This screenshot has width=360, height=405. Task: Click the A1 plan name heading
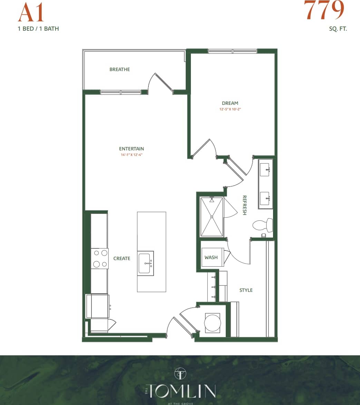pyautogui.click(x=31, y=13)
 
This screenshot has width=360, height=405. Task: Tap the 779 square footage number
pyautogui.click(x=324, y=10)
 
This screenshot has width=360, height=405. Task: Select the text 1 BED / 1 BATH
pyautogui.click(x=38, y=29)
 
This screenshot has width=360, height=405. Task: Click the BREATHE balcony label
pyautogui.click(x=120, y=69)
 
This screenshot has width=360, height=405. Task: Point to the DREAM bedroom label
pyautogui.click(x=230, y=103)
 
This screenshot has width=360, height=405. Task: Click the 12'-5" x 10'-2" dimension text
pyautogui.click(x=230, y=109)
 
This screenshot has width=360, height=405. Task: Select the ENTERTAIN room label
pyautogui.click(x=131, y=149)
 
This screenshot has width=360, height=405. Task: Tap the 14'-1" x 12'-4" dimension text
pyautogui.click(x=131, y=155)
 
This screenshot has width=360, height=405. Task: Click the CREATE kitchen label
pyautogui.click(x=122, y=258)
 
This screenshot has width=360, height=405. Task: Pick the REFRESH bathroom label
pyautogui.click(x=244, y=205)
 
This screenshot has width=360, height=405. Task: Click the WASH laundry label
pyautogui.click(x=211, y=257)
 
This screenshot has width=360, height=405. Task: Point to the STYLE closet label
pyautogui.click(x=246, y=290)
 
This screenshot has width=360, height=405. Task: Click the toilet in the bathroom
pyautogui.click(x=263, y=225)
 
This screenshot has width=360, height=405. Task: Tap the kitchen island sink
pyautogui.click(x=145, y=263)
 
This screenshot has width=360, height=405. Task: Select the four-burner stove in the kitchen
pyautogui.click(x=100, y=258)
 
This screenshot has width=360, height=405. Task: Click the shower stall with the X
pyautogui.click(x=212, y=217)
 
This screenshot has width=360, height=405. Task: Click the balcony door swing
pyautogui.click(x=160, y=83)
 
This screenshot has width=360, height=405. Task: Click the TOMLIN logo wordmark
pyautogui.click(x=181, y=391)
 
